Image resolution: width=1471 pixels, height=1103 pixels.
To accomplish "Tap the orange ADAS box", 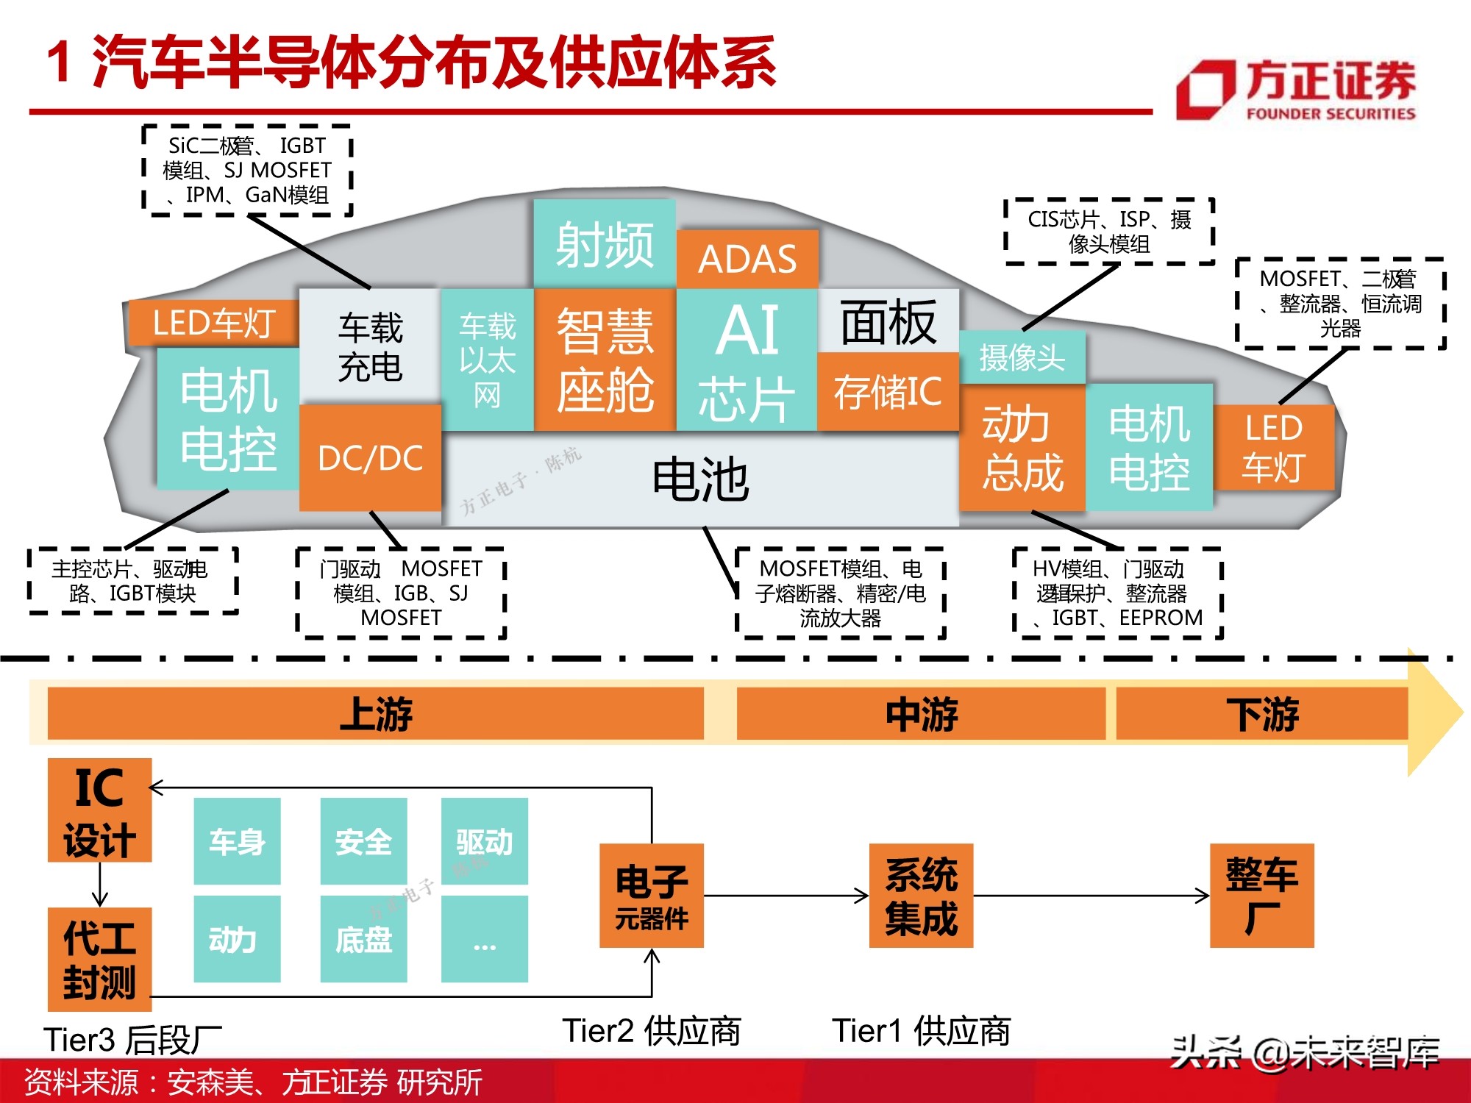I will [747, 259].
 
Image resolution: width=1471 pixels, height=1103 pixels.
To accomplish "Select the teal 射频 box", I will [604, 243].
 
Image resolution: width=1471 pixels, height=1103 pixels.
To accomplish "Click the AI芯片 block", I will [747, 360].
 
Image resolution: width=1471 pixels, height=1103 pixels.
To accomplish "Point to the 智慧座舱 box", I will [605, 360].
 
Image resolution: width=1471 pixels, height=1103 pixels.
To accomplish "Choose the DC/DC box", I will [370, 458].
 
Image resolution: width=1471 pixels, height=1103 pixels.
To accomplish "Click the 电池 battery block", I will [700, 479].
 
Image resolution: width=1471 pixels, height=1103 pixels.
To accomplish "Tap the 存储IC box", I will [888, 391].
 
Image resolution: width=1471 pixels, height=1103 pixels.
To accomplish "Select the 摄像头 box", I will [1022, 357].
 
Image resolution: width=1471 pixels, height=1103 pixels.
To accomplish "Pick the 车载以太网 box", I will [487, 360].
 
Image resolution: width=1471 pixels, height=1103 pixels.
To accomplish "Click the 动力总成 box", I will [1022, 448].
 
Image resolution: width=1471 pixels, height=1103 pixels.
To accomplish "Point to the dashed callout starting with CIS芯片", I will [1109, 232].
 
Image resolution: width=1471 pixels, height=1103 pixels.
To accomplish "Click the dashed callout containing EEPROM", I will [1117, 593].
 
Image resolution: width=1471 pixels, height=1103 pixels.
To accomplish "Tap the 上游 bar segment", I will [376, 713].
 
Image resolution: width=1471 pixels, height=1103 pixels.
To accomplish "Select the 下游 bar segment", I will [1262, 713].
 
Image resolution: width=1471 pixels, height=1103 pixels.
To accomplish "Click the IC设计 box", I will [99, 810].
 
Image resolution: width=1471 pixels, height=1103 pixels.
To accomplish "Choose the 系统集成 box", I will [921, 896].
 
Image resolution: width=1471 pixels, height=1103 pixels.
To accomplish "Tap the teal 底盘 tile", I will [363, 939].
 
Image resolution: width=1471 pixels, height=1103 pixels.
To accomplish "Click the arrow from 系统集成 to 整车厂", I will [1091, 896].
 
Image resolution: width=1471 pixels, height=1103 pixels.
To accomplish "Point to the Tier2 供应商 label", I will [652, 1031].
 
